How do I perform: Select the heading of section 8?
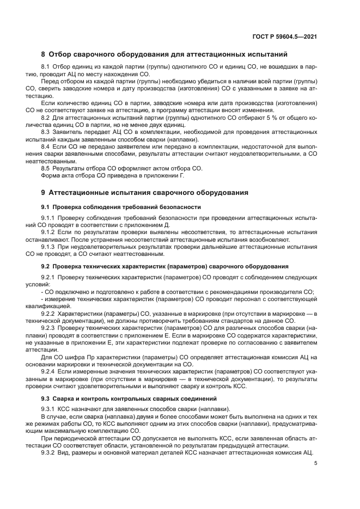[x=164, y=54]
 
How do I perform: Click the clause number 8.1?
[x=47, y=67]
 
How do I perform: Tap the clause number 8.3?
[x=47, y=131]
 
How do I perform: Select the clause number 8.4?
[x=47, y=146]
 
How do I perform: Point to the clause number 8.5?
[x=47, y=169]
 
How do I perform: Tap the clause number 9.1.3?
[x=50, y=247]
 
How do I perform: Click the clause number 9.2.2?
[x=50, y=314]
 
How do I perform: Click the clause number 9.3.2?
[x=50, y=452]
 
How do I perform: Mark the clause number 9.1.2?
[x=50, y=232]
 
